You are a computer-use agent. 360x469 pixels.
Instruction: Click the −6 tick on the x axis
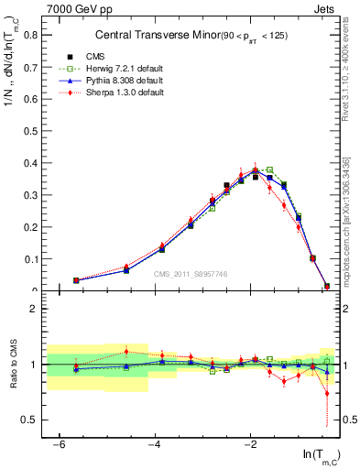pyautogui.click(x=58, y=444)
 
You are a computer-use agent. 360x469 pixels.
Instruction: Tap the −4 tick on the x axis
pyautogui.click(x=155, y=444)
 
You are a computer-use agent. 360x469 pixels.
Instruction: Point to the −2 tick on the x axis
pyautogui.click(x=251, y=444)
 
